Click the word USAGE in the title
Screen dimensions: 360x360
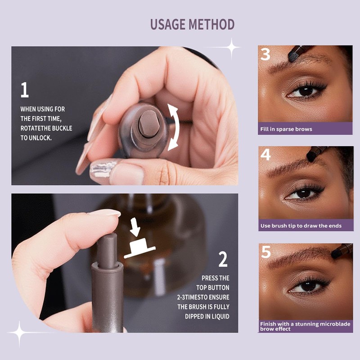(167, 24)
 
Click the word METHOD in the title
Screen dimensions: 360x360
(211, 24)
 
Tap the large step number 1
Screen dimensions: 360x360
(24, 90)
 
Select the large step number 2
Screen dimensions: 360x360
(223, 260)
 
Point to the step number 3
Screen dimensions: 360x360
(265, 54)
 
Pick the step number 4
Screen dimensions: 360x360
(265, 155)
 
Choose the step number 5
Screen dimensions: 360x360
(266, 252)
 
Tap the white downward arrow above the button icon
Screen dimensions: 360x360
(135, 227)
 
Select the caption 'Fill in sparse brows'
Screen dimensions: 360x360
(286, 129)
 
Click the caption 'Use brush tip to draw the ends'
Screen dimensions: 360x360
(301, 226)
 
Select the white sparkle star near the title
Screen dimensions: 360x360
(231, 48)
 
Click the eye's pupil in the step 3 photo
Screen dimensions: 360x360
(306, 91)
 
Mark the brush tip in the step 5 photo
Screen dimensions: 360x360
(336, 254)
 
